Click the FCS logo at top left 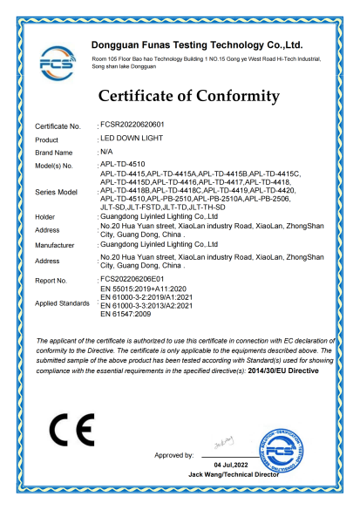click(x=58, y=61)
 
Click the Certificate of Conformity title click(x=188, y=96)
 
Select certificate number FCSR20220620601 click(x=133, y=126)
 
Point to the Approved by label click(x=173, y=455)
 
